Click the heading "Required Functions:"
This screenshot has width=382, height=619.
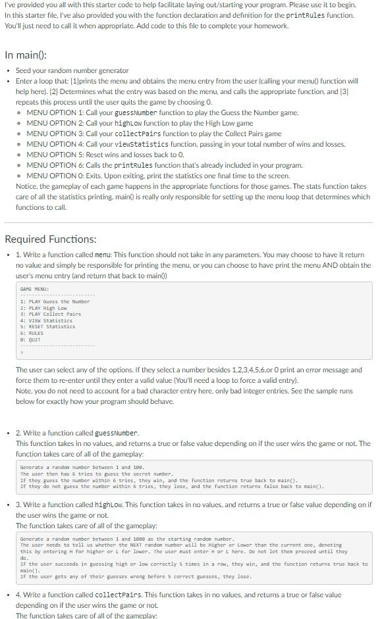(x=51, y=239)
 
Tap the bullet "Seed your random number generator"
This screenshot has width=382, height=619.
(x=72, y=70)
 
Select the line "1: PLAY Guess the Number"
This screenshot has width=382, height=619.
(x=55, y=301)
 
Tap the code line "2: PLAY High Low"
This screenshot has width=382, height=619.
(x=43, y=308)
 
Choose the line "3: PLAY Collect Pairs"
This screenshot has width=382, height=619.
(x=51, y=314)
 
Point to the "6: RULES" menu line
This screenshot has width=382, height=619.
(x=32, y=334)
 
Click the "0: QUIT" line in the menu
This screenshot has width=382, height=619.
(x=30, y=339)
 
